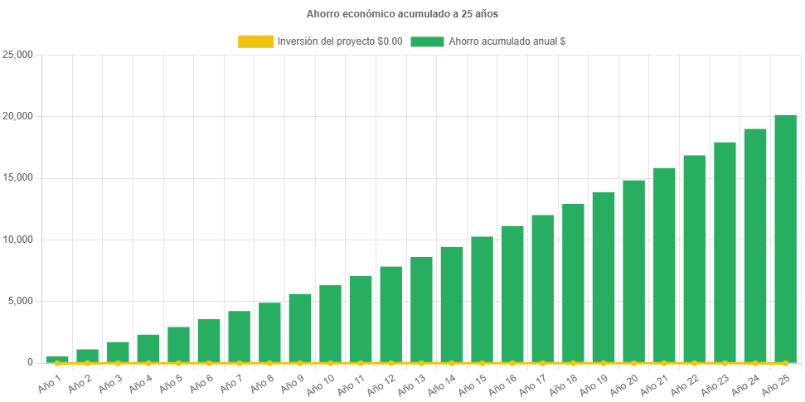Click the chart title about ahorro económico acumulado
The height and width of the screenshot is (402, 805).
tap(402, 14)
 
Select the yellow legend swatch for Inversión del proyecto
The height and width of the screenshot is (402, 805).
tap(255, 41)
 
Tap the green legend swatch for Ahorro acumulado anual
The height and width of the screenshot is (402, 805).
tap(427, 41)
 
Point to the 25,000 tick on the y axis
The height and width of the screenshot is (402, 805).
tap(17, 55)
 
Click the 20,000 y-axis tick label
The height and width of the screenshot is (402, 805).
tap(17, 116)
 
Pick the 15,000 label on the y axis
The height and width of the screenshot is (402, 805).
tap(17, 177)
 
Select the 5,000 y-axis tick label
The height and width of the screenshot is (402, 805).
tap(20, 300)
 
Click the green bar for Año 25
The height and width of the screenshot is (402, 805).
tap(785, 239)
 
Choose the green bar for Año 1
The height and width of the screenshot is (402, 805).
tap(57, 359)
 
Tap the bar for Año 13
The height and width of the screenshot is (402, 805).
tap(421, 309)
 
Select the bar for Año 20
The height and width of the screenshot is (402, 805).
tap(633, 271)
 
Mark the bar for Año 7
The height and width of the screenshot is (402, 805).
tap(239, 337)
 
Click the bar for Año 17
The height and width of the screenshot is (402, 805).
tap(542, 288)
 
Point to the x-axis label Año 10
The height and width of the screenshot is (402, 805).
tap(322, 383)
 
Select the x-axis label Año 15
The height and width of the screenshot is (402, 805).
tap(473, 383)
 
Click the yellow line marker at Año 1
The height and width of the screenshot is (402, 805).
tap(57, 363)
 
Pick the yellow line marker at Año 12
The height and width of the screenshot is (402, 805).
tap(390, 363)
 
